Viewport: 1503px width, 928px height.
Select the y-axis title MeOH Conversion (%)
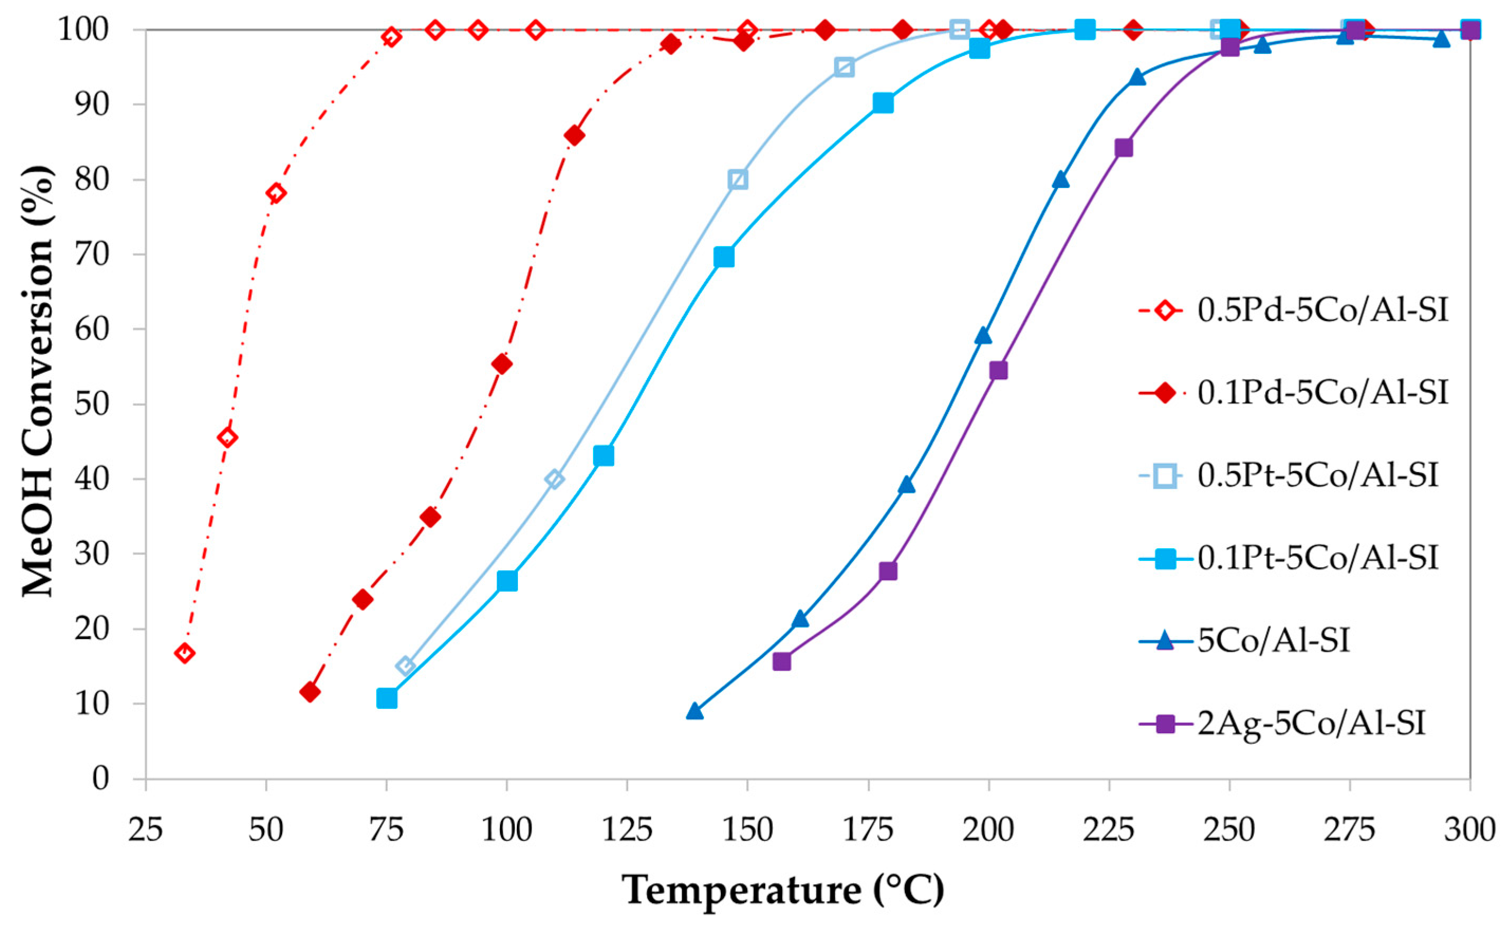click(x=38, y=380)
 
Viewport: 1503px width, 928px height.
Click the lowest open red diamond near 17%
click(x=185, y=653)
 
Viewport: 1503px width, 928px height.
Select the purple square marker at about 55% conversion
click(x=998, y=371)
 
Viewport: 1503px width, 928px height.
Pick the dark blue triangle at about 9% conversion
click(x=694, y=711)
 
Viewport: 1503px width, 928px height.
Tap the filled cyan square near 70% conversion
click(x=724, y=257)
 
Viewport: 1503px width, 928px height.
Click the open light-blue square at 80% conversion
click(x=738, y=179)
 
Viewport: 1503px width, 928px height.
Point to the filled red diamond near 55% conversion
click(x=502, y=364)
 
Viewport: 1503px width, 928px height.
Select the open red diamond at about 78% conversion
click(x=276, y=193)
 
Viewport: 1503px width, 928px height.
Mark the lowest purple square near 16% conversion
click(x=782, y=662)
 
